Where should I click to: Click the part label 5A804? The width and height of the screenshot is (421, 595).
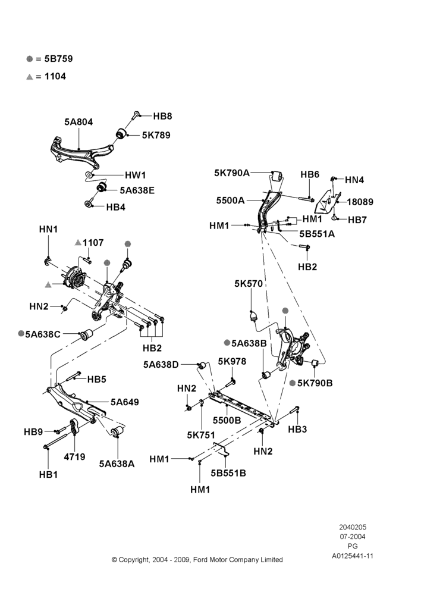coord(78,122)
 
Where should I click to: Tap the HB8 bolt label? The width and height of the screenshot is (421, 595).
coord(163,116)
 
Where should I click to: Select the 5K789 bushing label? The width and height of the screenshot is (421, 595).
coord(156,135)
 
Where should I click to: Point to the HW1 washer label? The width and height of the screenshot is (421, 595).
coord(136,176)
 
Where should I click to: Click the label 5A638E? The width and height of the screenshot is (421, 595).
coord(137,190)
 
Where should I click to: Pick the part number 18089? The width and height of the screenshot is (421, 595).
coord(360,202)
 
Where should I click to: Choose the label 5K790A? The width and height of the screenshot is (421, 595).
coord(232,173)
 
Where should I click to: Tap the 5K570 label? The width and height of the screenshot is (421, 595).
coord(249,283)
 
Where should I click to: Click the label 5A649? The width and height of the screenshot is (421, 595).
coord(125,402)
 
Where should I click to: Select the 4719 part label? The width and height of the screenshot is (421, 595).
coord(74,457)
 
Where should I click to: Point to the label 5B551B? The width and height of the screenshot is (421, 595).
coord(228,473)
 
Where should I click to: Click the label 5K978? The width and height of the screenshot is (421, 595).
coord(232,361)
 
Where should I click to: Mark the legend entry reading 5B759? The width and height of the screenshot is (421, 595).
coord(59,59)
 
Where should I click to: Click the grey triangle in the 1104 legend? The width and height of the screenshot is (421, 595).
coord(30,77)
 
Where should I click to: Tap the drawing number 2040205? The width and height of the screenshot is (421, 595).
coord(353,527)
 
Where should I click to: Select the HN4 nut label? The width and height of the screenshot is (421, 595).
coord(354,180)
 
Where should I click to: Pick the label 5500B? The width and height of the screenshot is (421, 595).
coord(227,421)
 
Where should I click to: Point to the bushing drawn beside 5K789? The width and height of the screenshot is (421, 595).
coord(121,133)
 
